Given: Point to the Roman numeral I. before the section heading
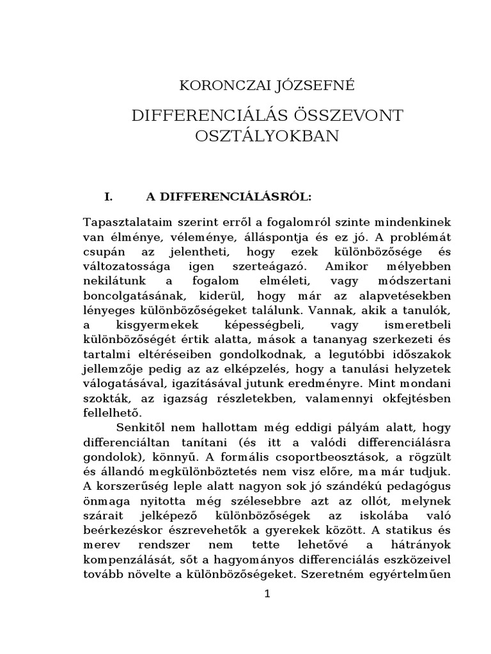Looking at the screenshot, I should [x=109, y=197].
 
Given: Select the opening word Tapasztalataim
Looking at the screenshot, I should [x=123, y=222].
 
